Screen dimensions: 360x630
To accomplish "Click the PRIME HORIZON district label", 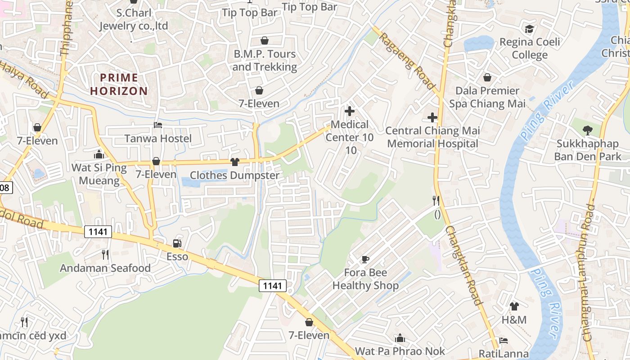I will (x=119, y=84).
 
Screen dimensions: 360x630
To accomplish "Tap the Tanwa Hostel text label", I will (x=158, y=139).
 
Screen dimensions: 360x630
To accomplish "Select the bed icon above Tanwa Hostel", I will (x=158, y=125).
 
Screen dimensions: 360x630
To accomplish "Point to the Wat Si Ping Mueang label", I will (x=99, y=175).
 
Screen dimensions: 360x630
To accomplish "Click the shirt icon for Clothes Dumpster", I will (x=234, y=162).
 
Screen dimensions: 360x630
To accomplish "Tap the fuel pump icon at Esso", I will (x=177, y=244).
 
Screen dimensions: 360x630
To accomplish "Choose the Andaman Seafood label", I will (x=105, y=268).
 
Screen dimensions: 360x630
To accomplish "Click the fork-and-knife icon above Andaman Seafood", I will (x=105, y=255).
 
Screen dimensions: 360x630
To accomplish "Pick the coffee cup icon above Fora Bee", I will (x=365, y=259).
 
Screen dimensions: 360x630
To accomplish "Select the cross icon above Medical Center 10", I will (x=349, y=111).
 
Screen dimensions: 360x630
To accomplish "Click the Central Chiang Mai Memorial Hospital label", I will (x=432, y=137).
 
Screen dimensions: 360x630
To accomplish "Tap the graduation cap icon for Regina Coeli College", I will (x=530, y=29).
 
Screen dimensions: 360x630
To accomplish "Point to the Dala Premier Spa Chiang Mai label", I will (x=487, y=97).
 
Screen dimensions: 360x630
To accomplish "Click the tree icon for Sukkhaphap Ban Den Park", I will (x=587, y=131).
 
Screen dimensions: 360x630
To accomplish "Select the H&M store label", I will (x=514, y=320).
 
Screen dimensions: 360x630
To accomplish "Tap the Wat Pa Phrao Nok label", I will (x=400, y=351).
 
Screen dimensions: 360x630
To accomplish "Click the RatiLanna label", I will (x=503, y=354).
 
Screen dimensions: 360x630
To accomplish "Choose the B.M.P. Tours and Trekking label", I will (x=265, y=60).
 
